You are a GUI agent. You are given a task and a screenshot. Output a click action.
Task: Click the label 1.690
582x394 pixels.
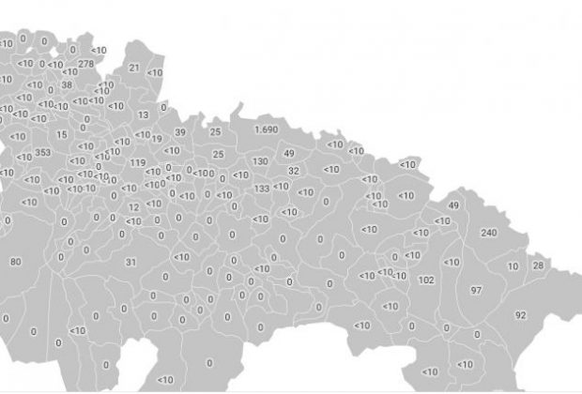point(267,129)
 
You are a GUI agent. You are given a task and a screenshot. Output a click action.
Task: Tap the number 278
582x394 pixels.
point(86,64)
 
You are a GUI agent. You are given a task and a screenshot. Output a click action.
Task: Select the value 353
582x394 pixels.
point(43,152)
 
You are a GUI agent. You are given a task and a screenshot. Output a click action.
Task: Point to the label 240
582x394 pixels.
point(488,232)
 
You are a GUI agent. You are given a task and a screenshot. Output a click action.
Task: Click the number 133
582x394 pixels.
point(262,189)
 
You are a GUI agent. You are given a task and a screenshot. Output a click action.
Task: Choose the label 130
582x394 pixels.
point(260,161)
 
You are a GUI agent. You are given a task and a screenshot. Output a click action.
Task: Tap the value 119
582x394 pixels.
point(138,163)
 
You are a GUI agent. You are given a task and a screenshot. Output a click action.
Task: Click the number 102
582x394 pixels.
point(426,280)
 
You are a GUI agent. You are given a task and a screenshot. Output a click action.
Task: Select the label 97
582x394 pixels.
point(476,291)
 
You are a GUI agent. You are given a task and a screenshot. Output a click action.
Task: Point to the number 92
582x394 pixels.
point(520,315)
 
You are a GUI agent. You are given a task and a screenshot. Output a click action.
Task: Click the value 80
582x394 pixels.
point(15,262)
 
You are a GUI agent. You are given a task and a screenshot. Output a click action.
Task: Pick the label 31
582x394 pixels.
point(130,262)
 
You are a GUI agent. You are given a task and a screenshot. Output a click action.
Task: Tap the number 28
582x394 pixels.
point(538,265)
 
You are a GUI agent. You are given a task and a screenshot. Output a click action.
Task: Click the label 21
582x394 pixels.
point(133,68)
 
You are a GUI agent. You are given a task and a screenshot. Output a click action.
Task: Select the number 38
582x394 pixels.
point(67,84)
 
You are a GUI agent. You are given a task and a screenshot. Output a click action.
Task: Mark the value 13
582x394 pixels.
point(143,114)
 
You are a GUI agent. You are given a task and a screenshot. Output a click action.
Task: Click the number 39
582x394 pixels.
point(180,132)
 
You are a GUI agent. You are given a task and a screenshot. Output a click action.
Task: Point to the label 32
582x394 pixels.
point(294,171)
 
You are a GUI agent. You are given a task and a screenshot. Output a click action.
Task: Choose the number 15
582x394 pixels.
point(62,134)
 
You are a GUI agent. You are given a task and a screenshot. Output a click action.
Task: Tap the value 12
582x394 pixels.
point(133,207)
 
